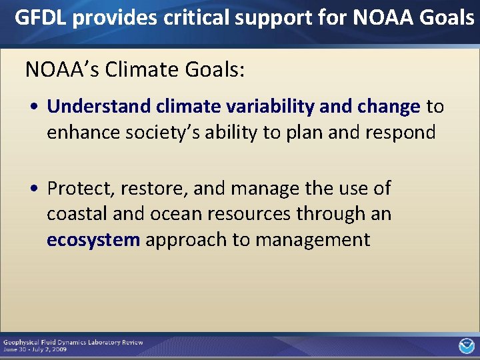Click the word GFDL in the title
pos(41,18)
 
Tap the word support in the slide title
pos(273,18)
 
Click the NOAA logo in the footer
pos(466,345)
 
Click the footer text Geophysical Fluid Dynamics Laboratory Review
pos(73,342)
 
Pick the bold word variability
pos(273,107)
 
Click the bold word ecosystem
pos(93,240)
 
